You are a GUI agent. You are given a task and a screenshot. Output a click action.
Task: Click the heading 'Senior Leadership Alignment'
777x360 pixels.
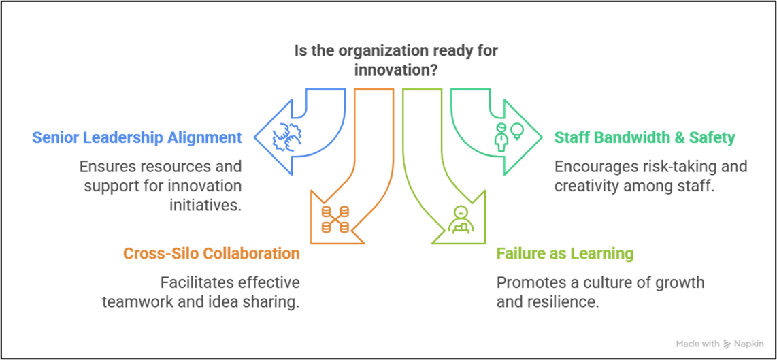137,137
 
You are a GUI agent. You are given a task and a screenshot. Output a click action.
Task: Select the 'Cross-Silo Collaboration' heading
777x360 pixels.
211,254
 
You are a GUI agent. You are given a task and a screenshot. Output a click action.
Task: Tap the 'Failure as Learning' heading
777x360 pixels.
565,254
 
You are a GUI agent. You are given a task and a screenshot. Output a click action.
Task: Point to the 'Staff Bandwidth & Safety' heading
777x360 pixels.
645,137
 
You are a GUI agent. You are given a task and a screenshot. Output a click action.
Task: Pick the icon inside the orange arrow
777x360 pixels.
335,218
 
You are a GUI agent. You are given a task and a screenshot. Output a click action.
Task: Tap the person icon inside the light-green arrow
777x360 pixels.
461,218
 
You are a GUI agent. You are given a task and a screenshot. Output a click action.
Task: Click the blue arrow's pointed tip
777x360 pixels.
256,137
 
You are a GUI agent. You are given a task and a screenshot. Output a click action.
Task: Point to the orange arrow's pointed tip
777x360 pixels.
312,242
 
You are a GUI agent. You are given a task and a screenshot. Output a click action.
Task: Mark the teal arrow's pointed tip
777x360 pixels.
542,137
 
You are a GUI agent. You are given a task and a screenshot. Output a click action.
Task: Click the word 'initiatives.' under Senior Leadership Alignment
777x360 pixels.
205,205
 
